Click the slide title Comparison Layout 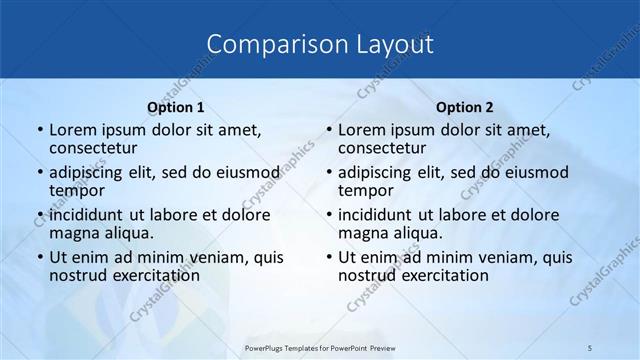click(x=320, y=45)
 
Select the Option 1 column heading click(x=176, y=107)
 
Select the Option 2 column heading click(x=465, y=107)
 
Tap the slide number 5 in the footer click(x=590, y=347)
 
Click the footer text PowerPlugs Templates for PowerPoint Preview click(x=320, y=347)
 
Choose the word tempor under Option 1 click(x=76, y=190)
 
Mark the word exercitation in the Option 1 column click(x=146, y=275)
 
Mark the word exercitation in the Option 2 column click(x=435, y=275)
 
